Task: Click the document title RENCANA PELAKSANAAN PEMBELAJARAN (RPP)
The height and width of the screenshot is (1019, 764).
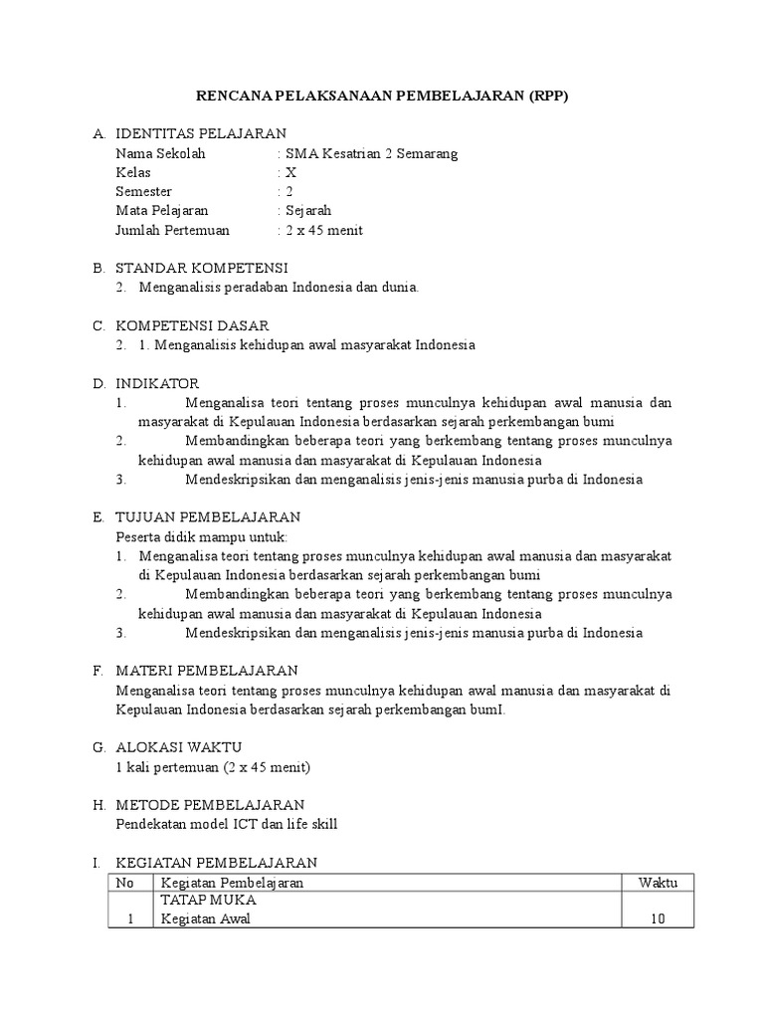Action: (381, 96)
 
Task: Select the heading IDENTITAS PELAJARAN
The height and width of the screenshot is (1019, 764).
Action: (201, 133)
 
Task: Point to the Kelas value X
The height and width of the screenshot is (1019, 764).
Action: (290, 172)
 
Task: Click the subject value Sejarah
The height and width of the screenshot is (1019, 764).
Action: (308, 211)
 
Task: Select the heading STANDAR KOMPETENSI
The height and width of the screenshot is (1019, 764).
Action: (202, 268)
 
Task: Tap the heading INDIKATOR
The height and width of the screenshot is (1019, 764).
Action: (157, 383)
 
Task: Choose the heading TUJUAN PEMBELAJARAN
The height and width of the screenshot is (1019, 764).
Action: (208, 517)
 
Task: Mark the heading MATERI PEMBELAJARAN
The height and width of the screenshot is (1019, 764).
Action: (207, 671)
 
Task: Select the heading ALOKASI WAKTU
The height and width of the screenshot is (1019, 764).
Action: (179, 747)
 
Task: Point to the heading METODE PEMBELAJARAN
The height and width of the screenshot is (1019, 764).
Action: (210, 804)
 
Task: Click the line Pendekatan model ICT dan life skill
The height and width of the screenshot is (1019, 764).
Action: (234, 824)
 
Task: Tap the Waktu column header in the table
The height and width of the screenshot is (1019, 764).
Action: (657, 883)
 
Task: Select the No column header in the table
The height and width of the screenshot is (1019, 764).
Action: (125, 883)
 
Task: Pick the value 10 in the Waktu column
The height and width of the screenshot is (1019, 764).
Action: (657, 919)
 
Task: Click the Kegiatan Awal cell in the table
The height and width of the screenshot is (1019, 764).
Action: (206, 919)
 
